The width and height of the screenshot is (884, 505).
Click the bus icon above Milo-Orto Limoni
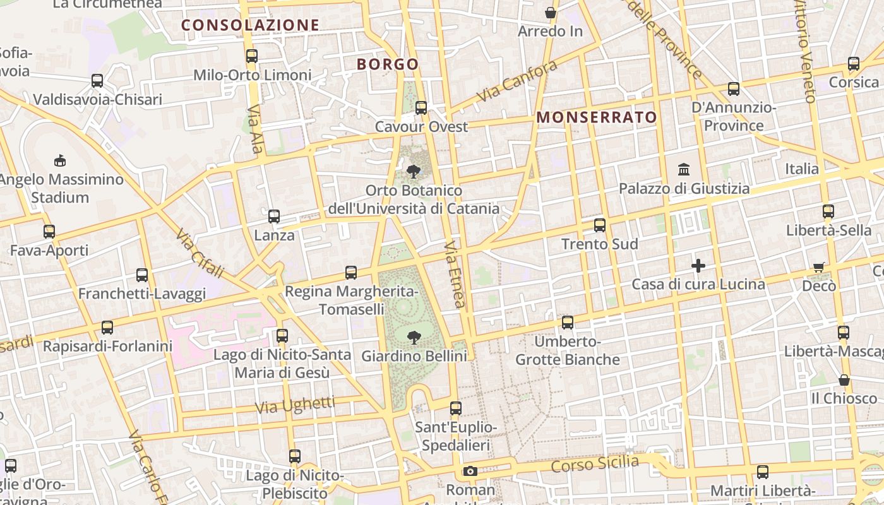point(252,56)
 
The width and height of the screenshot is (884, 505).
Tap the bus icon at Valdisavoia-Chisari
point(97,81)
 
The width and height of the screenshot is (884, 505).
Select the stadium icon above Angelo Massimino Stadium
point(60,160)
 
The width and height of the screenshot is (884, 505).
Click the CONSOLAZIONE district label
point(251,25)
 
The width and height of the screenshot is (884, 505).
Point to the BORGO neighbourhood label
point(388,64)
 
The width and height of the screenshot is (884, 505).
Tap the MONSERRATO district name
point(597,117)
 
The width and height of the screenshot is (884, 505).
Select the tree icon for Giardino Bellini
point(414,337)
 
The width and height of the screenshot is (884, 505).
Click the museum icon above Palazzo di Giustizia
point(683,169)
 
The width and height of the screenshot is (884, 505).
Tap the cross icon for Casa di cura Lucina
point(698,266)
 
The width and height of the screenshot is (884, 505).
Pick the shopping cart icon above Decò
point(819,267)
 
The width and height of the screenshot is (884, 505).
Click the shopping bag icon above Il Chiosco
point(844,380)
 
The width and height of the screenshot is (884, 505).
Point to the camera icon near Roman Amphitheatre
point(470,471)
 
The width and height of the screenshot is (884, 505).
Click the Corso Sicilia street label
point(595,464)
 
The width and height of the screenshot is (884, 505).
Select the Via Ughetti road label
point(296,405)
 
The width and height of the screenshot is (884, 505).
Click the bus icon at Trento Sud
point(600,225)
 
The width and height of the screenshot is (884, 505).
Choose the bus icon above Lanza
point(274,217)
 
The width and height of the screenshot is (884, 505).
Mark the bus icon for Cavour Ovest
point(421,108)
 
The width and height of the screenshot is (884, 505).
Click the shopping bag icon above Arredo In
point(551,13)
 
